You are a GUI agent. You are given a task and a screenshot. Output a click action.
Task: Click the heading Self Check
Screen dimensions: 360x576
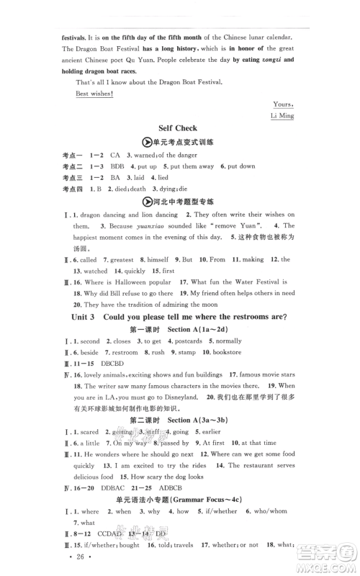[x=181, y=128]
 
